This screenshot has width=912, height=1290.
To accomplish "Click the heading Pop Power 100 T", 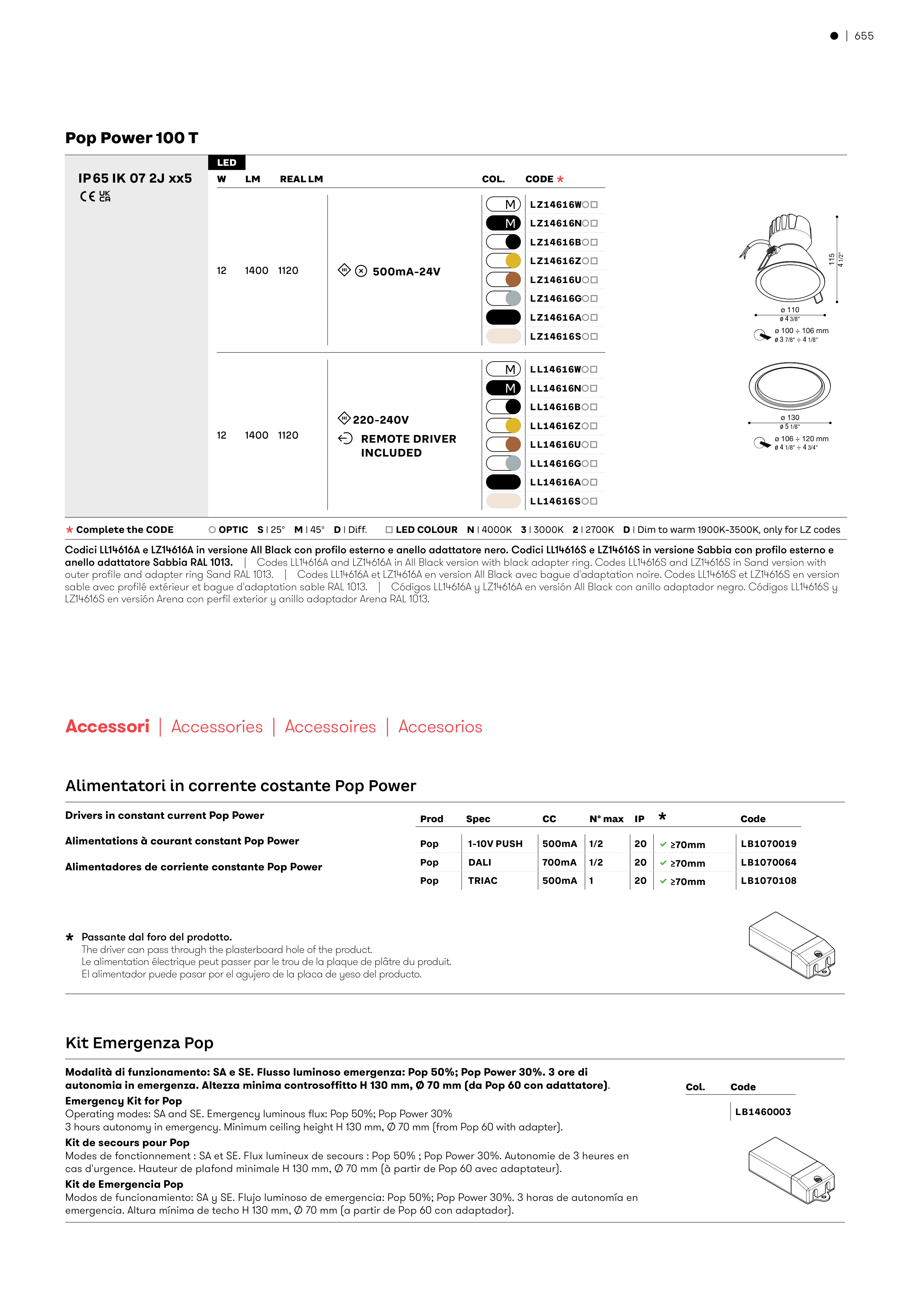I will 131,138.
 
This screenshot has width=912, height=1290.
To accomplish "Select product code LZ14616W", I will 555,205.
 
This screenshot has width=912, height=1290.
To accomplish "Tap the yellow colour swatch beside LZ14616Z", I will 512,261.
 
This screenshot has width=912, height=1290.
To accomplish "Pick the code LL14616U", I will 555,444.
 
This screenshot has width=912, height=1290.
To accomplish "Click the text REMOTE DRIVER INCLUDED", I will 408,446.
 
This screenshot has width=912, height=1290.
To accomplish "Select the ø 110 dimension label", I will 790,310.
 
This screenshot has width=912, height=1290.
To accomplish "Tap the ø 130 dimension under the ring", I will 790,417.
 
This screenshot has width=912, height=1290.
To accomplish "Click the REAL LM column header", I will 301,179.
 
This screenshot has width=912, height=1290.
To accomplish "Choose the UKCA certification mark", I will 104,196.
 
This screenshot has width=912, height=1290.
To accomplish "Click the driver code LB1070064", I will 768,862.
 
